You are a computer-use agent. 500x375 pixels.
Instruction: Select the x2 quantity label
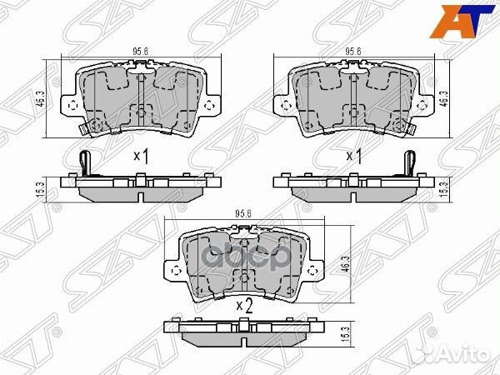tap(243, 306)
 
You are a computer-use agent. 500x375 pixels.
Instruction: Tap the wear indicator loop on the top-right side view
tap(408, 162)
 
